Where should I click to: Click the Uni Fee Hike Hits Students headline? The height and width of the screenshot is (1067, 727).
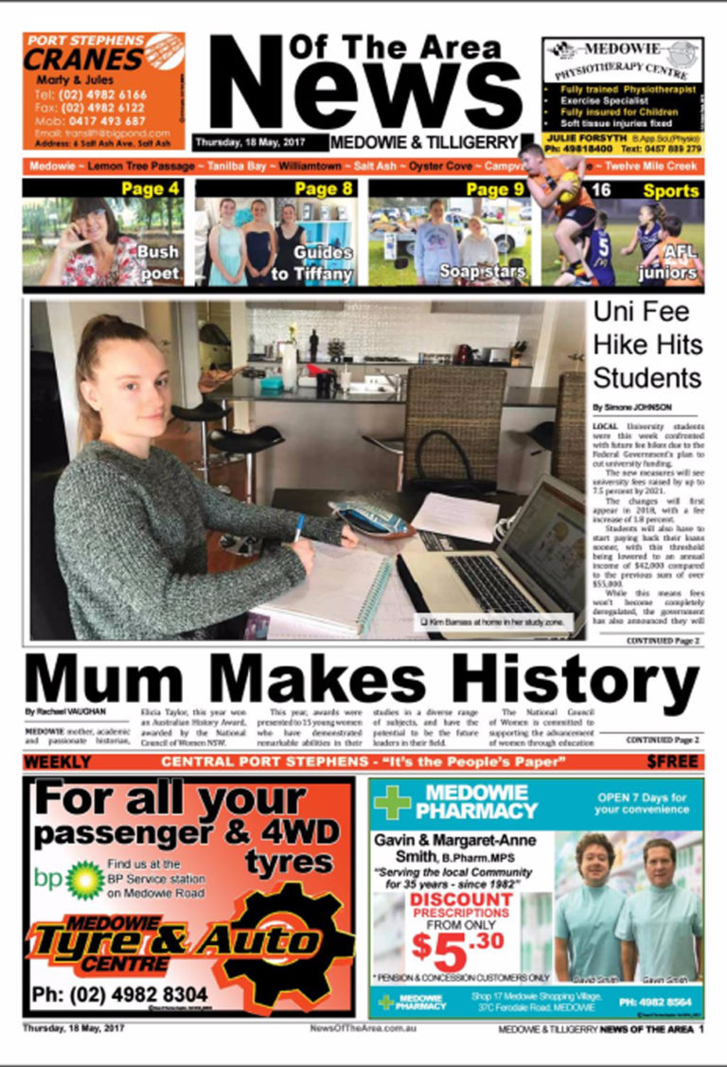[x=647, y=346]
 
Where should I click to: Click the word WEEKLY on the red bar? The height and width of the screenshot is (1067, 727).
[x=58, y=762]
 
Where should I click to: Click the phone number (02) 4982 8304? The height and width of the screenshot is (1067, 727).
[x=119, y=995]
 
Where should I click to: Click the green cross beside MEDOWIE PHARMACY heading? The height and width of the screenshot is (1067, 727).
[x=392, y=802]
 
